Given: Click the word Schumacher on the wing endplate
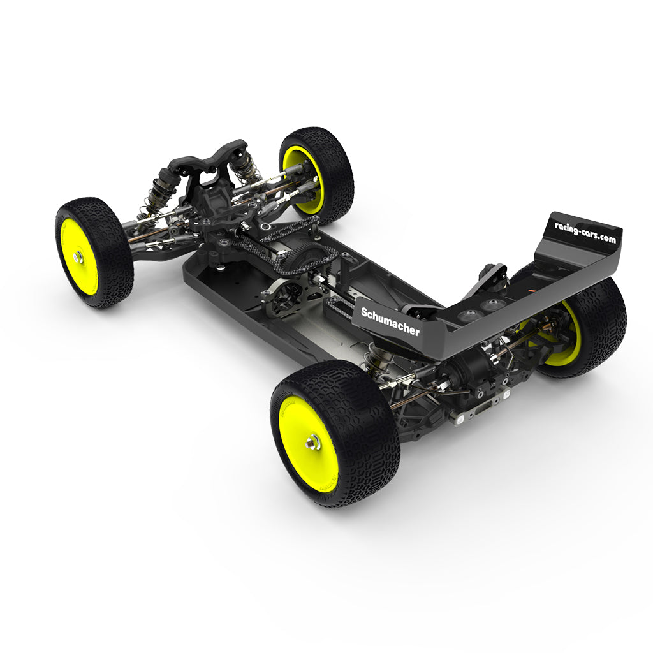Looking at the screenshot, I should pos(390,321).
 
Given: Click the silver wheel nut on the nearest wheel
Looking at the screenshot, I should pos(312,441).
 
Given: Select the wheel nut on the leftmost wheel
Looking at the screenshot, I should pos(78,257).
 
